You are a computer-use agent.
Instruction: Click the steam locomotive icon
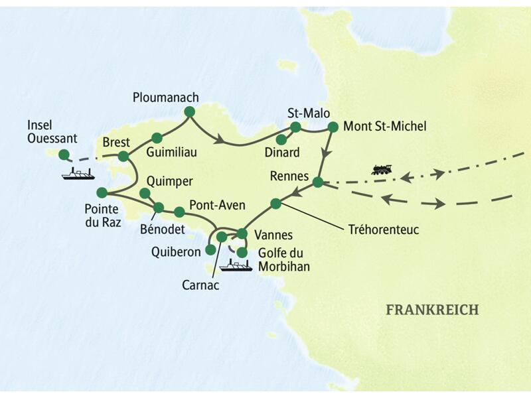click(x=382, y=170)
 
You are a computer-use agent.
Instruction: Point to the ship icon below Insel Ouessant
click(x=77, y=174)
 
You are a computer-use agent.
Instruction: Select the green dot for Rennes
click(x=318, y=182)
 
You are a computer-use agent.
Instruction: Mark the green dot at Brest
click(x=123, y=157)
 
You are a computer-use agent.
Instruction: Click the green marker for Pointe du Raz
click(x=102, y=192)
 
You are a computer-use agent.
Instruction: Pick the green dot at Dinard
click(x=281, y=139)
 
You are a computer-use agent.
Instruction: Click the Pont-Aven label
click(x=213, y=205)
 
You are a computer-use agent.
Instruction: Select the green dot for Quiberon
click(x=210, y=250)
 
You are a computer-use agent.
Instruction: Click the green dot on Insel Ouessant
click(x=63, y=155)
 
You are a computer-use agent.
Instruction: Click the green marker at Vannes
click(x=242, y=233)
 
